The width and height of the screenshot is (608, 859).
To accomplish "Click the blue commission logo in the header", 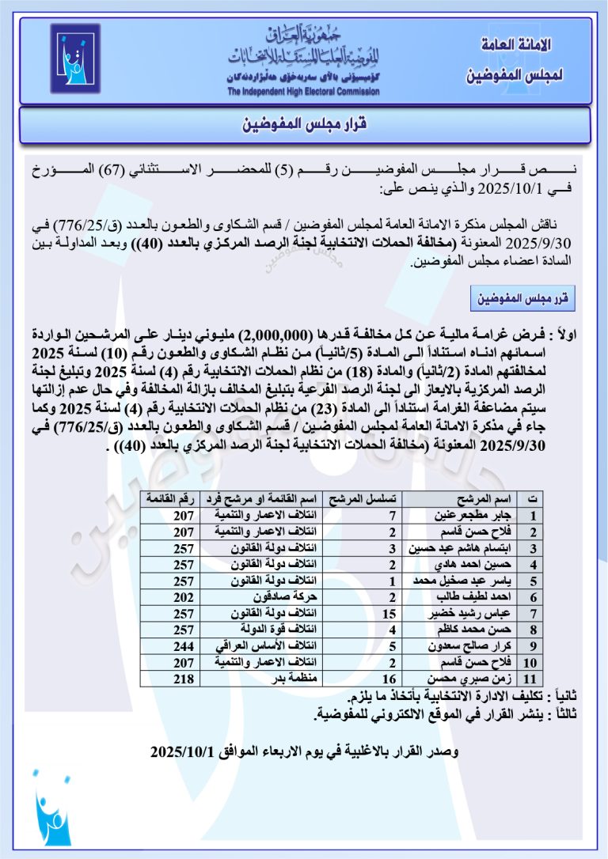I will pos(75,58).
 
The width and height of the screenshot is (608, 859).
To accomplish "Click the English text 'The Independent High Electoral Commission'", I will pos(303,92).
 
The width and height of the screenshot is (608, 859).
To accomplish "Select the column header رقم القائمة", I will pos(165,499).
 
